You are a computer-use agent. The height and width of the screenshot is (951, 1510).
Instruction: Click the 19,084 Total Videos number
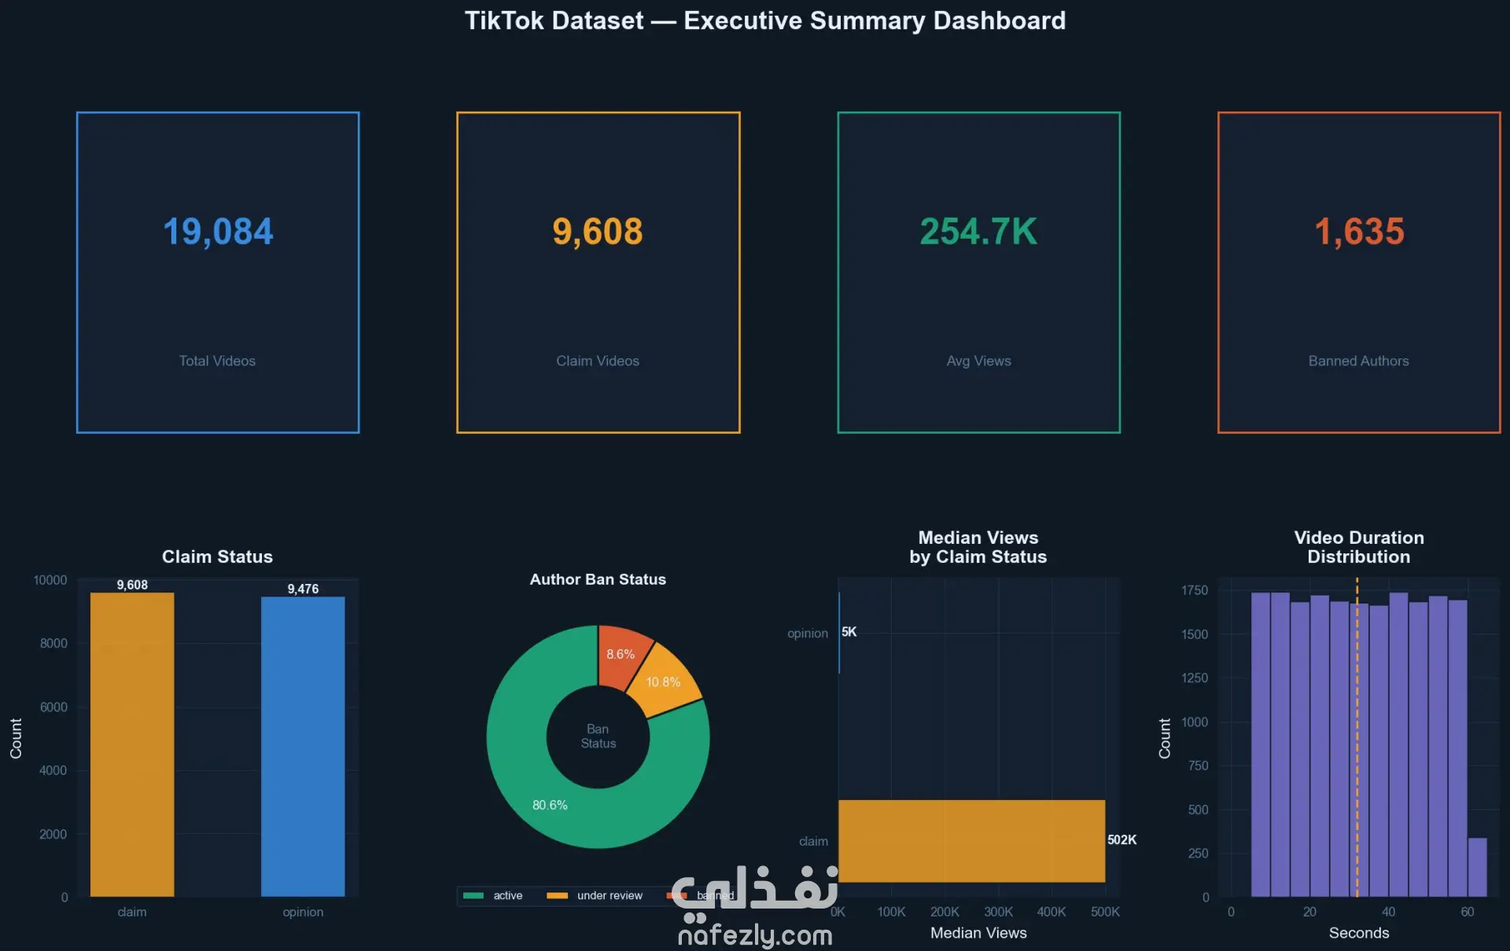218,232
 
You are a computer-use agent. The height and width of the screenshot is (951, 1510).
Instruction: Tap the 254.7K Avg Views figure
978,232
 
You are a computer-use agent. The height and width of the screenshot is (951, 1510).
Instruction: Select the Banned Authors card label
1358,361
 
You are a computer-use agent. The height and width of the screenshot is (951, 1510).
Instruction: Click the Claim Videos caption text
598,361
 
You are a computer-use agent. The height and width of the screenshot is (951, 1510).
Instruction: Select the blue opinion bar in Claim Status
303,746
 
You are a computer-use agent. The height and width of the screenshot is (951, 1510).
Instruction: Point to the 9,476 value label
303,589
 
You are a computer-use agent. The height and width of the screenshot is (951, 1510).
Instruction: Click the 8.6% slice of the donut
622,654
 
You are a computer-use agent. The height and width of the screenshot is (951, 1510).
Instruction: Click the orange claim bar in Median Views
971,841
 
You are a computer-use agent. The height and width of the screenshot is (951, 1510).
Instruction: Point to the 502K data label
1121,839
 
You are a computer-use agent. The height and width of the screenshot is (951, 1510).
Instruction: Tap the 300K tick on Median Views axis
998,912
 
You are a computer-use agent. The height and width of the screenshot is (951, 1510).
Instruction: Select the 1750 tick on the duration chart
1194,590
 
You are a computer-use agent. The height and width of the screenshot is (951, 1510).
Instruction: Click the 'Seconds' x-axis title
1358,933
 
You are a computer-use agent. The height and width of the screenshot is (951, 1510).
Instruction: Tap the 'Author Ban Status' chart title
598,579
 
